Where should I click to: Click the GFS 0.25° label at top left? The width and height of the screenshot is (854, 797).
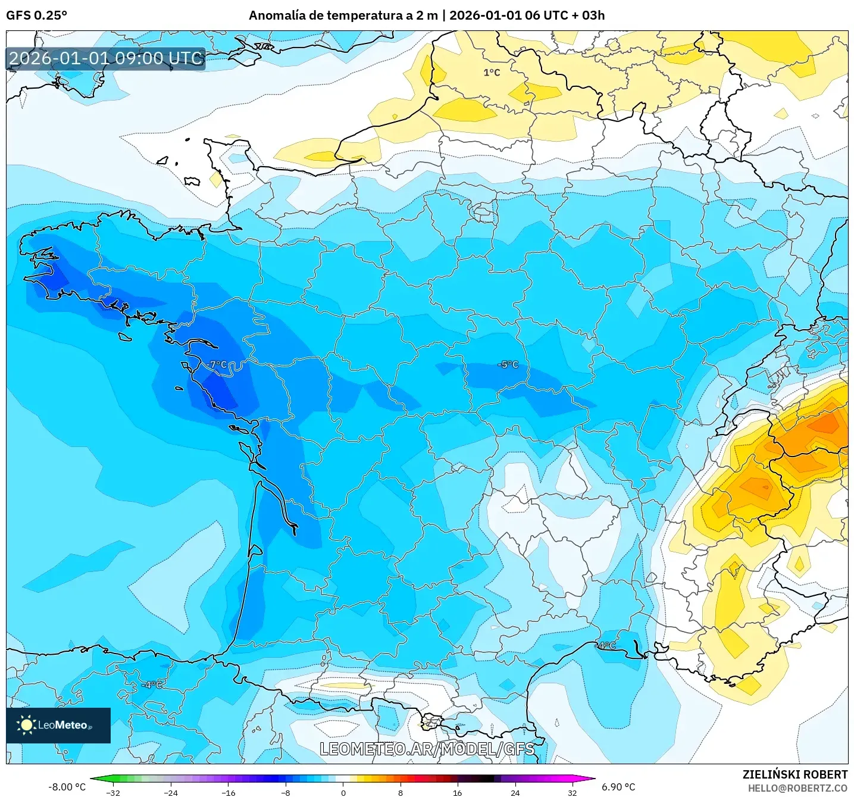36,15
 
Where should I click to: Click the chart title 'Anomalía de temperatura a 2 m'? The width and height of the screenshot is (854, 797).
343,15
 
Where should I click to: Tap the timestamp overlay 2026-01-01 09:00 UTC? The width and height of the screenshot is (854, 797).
106,58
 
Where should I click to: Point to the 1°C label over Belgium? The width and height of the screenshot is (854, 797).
492,73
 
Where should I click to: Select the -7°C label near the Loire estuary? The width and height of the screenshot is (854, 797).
217,364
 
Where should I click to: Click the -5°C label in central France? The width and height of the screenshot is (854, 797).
508,364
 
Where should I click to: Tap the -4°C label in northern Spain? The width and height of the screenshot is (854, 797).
152,685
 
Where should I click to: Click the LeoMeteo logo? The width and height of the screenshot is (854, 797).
58,725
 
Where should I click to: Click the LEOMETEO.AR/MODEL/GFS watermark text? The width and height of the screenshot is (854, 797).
427,749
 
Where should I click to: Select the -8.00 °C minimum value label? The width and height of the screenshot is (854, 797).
67,787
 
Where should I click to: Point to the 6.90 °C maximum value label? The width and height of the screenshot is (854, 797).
618,787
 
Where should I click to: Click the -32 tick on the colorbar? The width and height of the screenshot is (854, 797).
113,792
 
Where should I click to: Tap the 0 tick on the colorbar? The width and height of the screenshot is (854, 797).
343,792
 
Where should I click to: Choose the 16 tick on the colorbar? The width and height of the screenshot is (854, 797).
457,792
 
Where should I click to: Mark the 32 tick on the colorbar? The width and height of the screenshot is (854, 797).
572,792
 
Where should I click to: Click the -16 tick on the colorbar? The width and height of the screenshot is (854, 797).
228,792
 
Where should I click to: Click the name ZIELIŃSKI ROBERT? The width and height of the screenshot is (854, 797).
795,774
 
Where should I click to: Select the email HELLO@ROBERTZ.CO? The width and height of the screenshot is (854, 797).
797,788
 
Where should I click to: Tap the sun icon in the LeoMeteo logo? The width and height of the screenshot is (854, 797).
26,724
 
